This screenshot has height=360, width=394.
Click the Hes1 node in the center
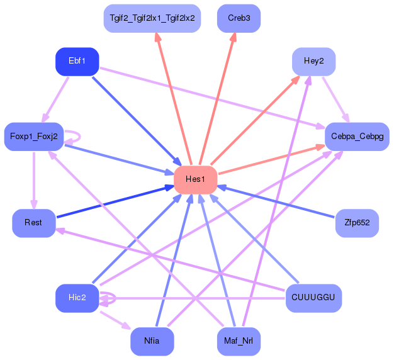[x=196, y=179]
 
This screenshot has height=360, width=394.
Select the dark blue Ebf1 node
[x=77, y=61]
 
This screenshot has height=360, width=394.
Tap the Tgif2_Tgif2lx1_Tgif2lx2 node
[x=152, y=18]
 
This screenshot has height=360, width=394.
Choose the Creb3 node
[x=239, y=18]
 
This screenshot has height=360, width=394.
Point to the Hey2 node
[x=313, y=61]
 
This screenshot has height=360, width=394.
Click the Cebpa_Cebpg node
[x=357, y=137]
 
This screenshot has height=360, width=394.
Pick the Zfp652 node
[x=357, y=223]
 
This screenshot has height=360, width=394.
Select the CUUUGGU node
[x=313, y=298]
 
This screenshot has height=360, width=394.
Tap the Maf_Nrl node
[x=239, y=341]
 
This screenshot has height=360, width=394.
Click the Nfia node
[x=152, y=341]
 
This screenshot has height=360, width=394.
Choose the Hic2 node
[x=77, y=298]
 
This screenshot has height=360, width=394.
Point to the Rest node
[x=33, y=223]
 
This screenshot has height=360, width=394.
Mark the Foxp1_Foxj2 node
[x=33, y=137]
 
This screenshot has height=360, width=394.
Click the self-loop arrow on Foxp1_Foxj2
[x=80, y=137]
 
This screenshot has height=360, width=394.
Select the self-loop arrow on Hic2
[x=115, y=298]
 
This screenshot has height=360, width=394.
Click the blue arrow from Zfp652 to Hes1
[x=276, y=201]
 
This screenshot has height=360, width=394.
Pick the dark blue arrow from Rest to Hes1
[x=116, y=201]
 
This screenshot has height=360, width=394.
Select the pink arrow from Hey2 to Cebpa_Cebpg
[x=336, y=100]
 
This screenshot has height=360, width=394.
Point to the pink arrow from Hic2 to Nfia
[x=116, y=320]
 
